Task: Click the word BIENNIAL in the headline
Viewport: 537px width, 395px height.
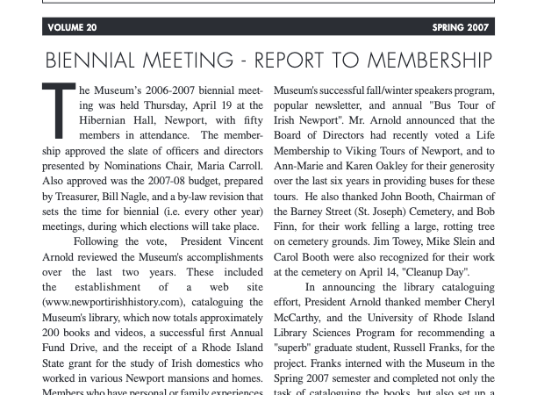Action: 91,61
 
